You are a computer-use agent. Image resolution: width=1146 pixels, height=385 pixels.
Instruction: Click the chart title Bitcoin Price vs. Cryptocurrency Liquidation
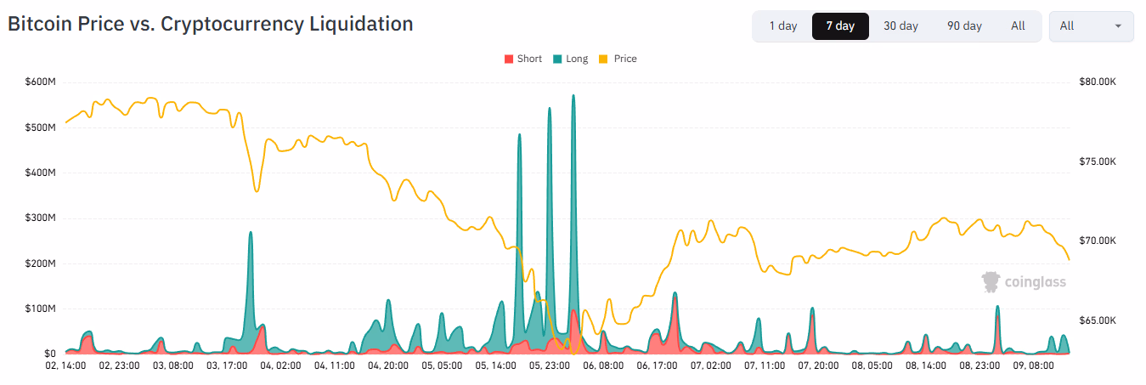210,24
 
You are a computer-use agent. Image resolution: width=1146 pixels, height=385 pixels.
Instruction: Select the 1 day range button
782,26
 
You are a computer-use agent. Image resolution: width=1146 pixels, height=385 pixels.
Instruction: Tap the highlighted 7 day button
839,26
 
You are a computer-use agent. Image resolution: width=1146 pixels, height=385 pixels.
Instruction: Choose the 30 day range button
900,26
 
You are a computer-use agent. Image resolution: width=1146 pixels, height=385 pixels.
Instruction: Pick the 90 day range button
964,26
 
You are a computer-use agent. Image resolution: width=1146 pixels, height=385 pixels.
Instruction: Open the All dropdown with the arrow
1091,26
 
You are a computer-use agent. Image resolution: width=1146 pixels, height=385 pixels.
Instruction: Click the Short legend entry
523,59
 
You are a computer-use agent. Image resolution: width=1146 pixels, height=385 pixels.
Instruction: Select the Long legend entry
570,59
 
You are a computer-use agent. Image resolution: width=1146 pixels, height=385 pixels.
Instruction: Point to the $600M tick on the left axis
38,82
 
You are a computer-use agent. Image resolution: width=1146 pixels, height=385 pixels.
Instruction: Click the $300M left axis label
38,218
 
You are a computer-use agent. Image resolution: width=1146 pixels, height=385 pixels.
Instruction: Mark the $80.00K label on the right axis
1097,82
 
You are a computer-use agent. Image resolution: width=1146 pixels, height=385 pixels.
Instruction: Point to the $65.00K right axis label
1097,321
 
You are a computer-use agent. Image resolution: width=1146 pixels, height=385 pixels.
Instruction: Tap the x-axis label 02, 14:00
65,365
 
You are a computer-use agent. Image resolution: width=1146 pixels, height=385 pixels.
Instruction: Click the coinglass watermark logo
1024,282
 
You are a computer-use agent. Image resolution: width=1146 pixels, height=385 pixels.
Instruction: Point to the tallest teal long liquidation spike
573,98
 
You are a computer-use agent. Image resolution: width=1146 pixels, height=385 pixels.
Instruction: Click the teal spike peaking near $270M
251,235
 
